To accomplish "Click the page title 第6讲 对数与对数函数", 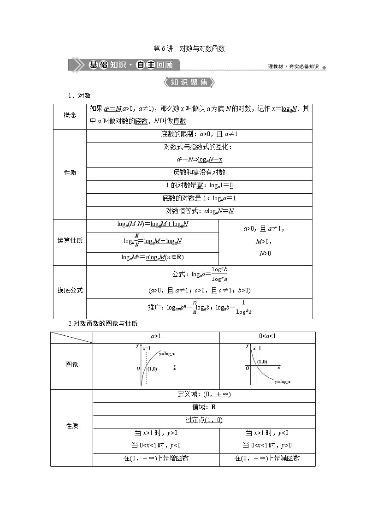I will point(189,48).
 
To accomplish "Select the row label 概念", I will point(70,115).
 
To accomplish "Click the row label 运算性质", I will point(70,241).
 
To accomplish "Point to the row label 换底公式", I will point(70,290).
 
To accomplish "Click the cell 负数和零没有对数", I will point(199,172).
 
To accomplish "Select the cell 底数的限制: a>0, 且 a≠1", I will point(199,134).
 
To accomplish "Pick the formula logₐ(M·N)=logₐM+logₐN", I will point(153,224).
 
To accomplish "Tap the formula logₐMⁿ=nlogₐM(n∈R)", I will point(153,257).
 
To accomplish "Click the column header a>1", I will point(156,336).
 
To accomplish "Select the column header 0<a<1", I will point(267,336).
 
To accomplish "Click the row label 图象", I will point(72,364).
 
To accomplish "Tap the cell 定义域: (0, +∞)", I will point(204,394).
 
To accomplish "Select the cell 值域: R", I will point(204,407).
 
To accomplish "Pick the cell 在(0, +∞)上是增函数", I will point(156,458).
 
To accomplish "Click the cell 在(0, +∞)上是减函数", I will point(267,458).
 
